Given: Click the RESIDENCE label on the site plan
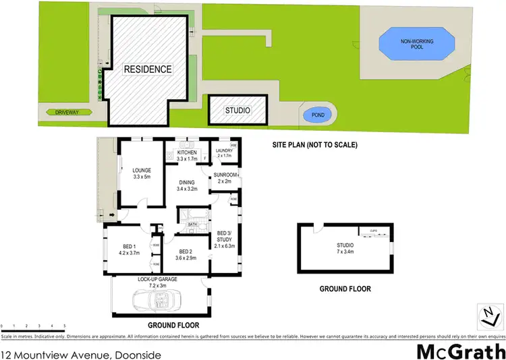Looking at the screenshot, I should pyautogui.click(x=146, y=69).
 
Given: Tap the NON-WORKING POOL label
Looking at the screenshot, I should pyautogui.click(x=416, y=46).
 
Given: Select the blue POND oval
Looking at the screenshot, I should pyautogui.click(x=314, y=115).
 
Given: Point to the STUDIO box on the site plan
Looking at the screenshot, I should pyautogui.click(x=237, y=111).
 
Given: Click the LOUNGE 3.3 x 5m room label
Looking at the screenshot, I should pyautogui.click(x=142, y=173).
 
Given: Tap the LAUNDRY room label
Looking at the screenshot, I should pyautogui.click(x=225, y=153).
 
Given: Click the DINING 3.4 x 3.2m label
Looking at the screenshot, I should pyautogui.click(x=186, y=185).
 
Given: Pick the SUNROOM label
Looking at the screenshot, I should pyautogui.click(x=224, y=178).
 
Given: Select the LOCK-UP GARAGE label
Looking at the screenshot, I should pyautogui.click(x=157, y=280).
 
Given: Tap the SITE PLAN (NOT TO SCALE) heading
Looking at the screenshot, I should pyautogui.click(x=314, y=145).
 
